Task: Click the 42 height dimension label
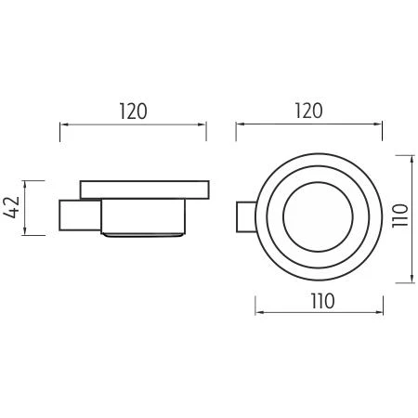point(12,207)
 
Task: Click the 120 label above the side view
point(133,111)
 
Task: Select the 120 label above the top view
point(308,111)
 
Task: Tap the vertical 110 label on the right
point(400,216)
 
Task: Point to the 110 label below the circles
point(322,301)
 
